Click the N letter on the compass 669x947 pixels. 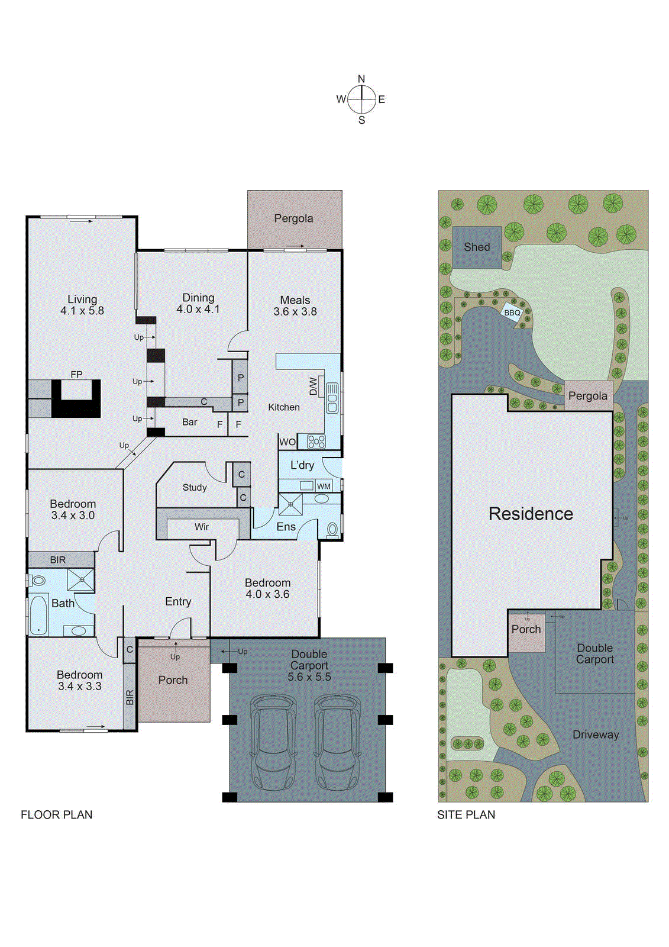pyautogui.click(x=361, y=79)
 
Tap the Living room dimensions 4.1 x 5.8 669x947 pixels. pyautogui.click(x=82, y=311)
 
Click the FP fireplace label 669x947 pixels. pyautogui.click(x=76, y=375)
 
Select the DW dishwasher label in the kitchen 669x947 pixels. pyautogui.click(x=314, y=386)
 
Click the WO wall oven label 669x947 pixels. pyautogui.click(x=287, y=442)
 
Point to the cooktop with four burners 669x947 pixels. pyautogui.click(x=316, y=442)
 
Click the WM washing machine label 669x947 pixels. pyautogui.click(x=324, y=487)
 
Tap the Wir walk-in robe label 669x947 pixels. pyautogui.click(x=202, y=527)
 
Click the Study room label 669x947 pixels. pyautogui.click(x=195, y=488)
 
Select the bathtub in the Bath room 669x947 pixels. pyautogui.click(x=38, y=615)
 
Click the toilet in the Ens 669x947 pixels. pyautogui.click(x=332, y=529)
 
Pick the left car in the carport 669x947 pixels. pyautogui.click(x=273, y=743)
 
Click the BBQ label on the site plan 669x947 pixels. pyautogui.click(x=512, y=313)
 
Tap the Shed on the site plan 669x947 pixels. pyautogui.click(x=477, y=247)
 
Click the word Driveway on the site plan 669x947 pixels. pyautogui.click(x=596, y=735)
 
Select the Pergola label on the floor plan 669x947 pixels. pyautogui.click(x=293, y=218)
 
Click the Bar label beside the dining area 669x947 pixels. pyautogui.click(x=190, y=422)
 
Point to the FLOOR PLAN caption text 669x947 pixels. pyautogui.click(x=56, y=815)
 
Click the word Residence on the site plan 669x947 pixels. pyautogui.click(x=531, y=514)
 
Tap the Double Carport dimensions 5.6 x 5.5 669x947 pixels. pyautogui.click(x=309, y=677)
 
